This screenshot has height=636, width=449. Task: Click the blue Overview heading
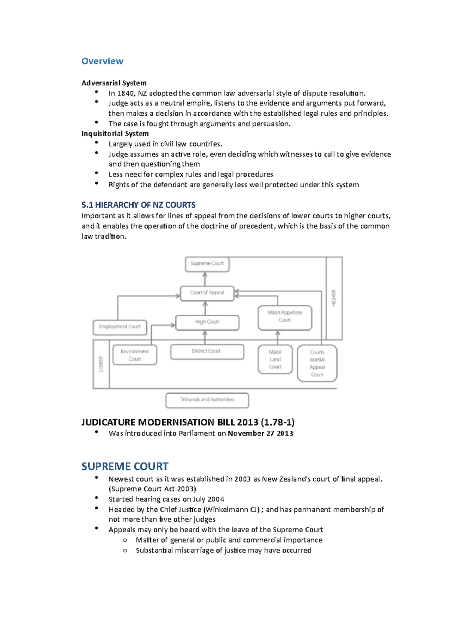point(102,61)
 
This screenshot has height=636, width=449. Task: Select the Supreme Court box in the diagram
point(207,264)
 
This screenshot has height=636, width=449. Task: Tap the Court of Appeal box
point(207,293)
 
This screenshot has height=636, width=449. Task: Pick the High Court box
point(207,322)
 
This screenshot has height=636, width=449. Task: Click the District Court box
point(207,351)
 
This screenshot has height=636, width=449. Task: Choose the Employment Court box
point(120,327)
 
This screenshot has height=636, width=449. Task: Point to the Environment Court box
point(135,355)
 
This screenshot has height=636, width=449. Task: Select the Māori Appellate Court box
point(285,317)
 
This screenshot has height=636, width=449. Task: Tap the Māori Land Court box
point(275,359)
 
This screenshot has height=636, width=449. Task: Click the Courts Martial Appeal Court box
point(317,363)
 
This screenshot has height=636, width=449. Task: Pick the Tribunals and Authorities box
point(207,400)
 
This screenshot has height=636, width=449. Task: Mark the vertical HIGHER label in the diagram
point(334,298)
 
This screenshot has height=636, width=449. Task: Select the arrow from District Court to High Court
point(205,337)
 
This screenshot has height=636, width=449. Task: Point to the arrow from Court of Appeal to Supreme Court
point(205,279)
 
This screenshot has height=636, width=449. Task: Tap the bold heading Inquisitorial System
point(115,134)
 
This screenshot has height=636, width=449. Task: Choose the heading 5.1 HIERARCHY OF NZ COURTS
point(138,205)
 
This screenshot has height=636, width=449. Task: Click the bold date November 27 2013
point(260,433)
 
